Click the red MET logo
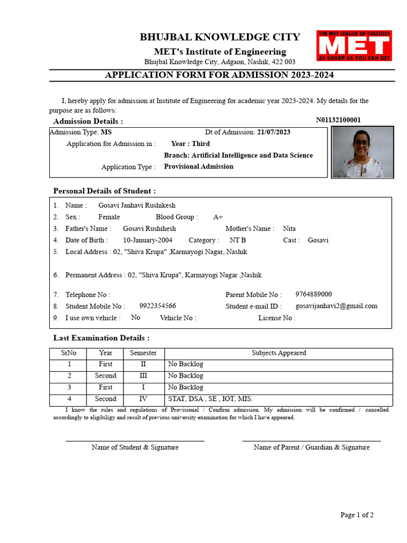pyautogui.click(x=354, y=46)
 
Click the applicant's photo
pyautogui.click(x=362, y=152)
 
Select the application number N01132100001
pyautogui.click(x=338, y=120)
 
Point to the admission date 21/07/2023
pyautogui.click(x=273, y=132)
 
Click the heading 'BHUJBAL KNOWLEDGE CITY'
pyautogui.click(x=220, y=37)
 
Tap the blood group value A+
pyautogui.click(x=218, y=217)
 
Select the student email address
pyautogui.click(x=337, y=306)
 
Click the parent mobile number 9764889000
pyautogui.click(x=314, y=294)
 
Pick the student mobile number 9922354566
pyautogui.click(x=157, y=306)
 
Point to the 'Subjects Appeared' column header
pyautogui.click(x=279, y=353)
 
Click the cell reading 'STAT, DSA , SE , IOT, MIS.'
pyautogui.click(x=210, y=399)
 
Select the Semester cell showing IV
pyautogui.click(x=143, y=399)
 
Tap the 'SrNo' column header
pyautogui.click(x=68, y=353)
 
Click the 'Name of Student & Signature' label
pyautogui.click(x=135, y=447)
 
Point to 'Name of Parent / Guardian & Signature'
pyautogui.click(x=312, y=447)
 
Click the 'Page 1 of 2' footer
pyautogui.click(x=357, y=515)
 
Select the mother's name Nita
pyautogui.click(x=289, y=229)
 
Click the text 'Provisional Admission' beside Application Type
pyautogui.click(x=199, y=167)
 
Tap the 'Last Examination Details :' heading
pyautogui.click(x=101, y=338)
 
